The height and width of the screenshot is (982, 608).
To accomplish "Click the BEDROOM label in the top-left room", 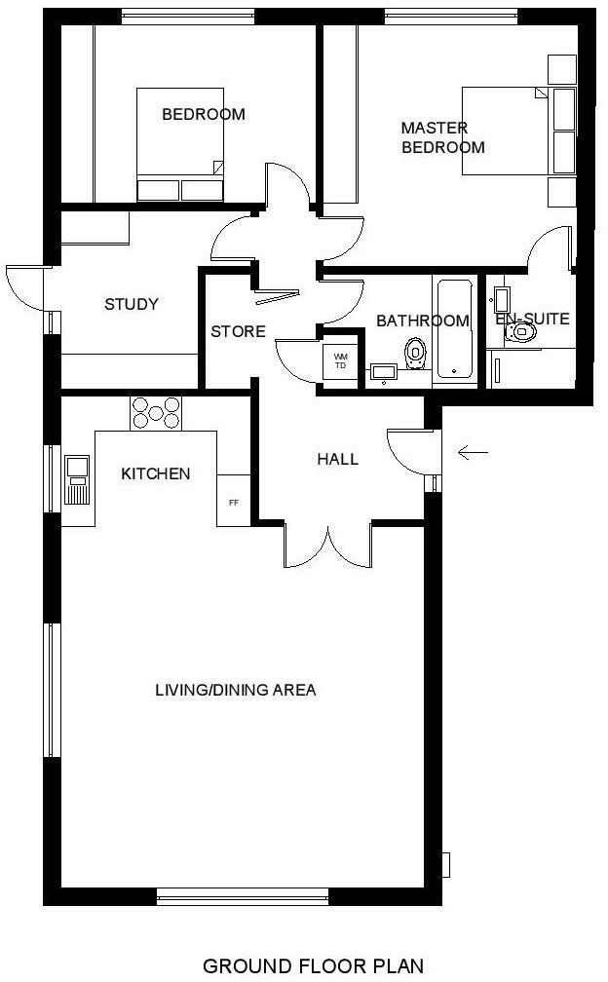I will tap(203, 114).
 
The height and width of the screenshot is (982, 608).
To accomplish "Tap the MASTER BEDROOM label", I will tap(442, 137).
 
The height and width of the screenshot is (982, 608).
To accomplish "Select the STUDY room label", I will tap(132, 304).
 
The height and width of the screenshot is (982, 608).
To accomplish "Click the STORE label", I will tap(238, 331).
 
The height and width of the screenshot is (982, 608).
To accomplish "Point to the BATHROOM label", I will tap(422, 321).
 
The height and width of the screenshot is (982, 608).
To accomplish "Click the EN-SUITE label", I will tap(532, 318).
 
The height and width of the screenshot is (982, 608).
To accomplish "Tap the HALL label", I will tap(337, 459).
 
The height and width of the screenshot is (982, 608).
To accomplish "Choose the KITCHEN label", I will tap(155, 473).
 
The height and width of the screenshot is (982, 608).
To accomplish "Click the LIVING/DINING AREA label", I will tap(236, 690).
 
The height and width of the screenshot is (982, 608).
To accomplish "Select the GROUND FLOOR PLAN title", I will tap(313, 965).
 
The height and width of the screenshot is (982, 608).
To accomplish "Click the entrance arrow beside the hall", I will tap(473, 451).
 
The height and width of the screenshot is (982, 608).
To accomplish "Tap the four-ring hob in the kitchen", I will tap(156, 412).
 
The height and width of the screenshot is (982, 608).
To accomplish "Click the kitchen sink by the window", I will tap(77, 477).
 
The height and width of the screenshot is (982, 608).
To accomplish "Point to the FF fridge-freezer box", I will tap(234, 503).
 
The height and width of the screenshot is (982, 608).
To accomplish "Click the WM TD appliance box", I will tap(341, 361).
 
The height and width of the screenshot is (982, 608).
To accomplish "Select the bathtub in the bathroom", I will tap(454, 329).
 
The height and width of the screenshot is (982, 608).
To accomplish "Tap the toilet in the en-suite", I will tap(520, 333).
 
